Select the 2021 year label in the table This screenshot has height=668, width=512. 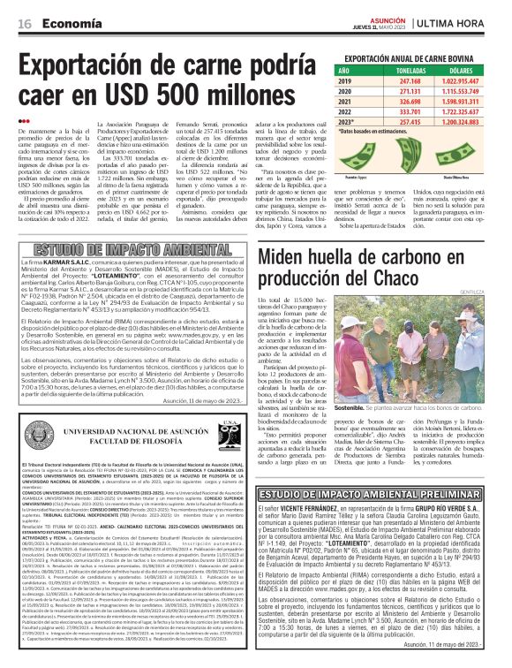pyautogui.click(x=344, y=102)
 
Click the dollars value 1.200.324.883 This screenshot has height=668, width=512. pyautogui.click(x=455, y=123)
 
